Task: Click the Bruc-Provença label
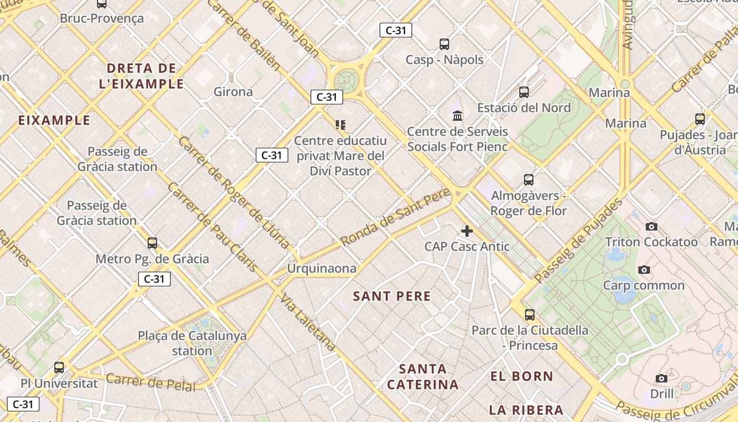click(x=102, y=18)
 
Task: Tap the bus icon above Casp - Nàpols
click(x=444, y=44)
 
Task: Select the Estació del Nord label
click(x=523, y=108)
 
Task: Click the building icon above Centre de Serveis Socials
click(x=458, y=116)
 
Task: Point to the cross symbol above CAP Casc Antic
click(x=467, y=231)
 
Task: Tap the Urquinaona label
click(x=322, y=268)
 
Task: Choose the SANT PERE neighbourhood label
click(x=392, y=296)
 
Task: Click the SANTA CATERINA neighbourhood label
click(x=423, y=377)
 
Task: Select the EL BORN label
click(x=521, y=377)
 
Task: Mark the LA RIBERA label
click(x=526, y=410)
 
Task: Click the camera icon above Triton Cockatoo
click(x=652, y=226)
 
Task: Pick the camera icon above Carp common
click(x=644, y=270)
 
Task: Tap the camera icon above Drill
click(x=662, y=378)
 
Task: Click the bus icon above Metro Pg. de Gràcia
click(x=152, y=243)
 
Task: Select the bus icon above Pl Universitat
click(x=59, y=368)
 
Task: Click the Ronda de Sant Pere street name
click(x=395, y=217)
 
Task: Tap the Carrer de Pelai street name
click(x=150, y=382)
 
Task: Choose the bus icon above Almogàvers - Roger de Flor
click(x=529, y=180)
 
